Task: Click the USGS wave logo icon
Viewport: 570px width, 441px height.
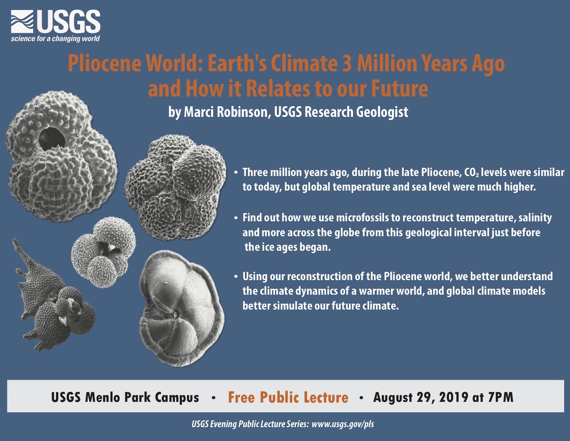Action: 22,22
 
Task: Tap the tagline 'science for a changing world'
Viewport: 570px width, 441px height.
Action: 55,39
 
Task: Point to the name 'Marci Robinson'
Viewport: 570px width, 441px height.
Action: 227,112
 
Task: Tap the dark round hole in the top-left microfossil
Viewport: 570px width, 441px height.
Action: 52,139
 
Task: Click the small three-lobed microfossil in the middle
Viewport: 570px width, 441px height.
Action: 103,252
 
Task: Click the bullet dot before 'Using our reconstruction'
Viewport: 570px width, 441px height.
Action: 236,277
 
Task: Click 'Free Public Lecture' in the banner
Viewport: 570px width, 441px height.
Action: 288,397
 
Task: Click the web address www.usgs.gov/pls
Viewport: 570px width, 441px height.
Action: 343,424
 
